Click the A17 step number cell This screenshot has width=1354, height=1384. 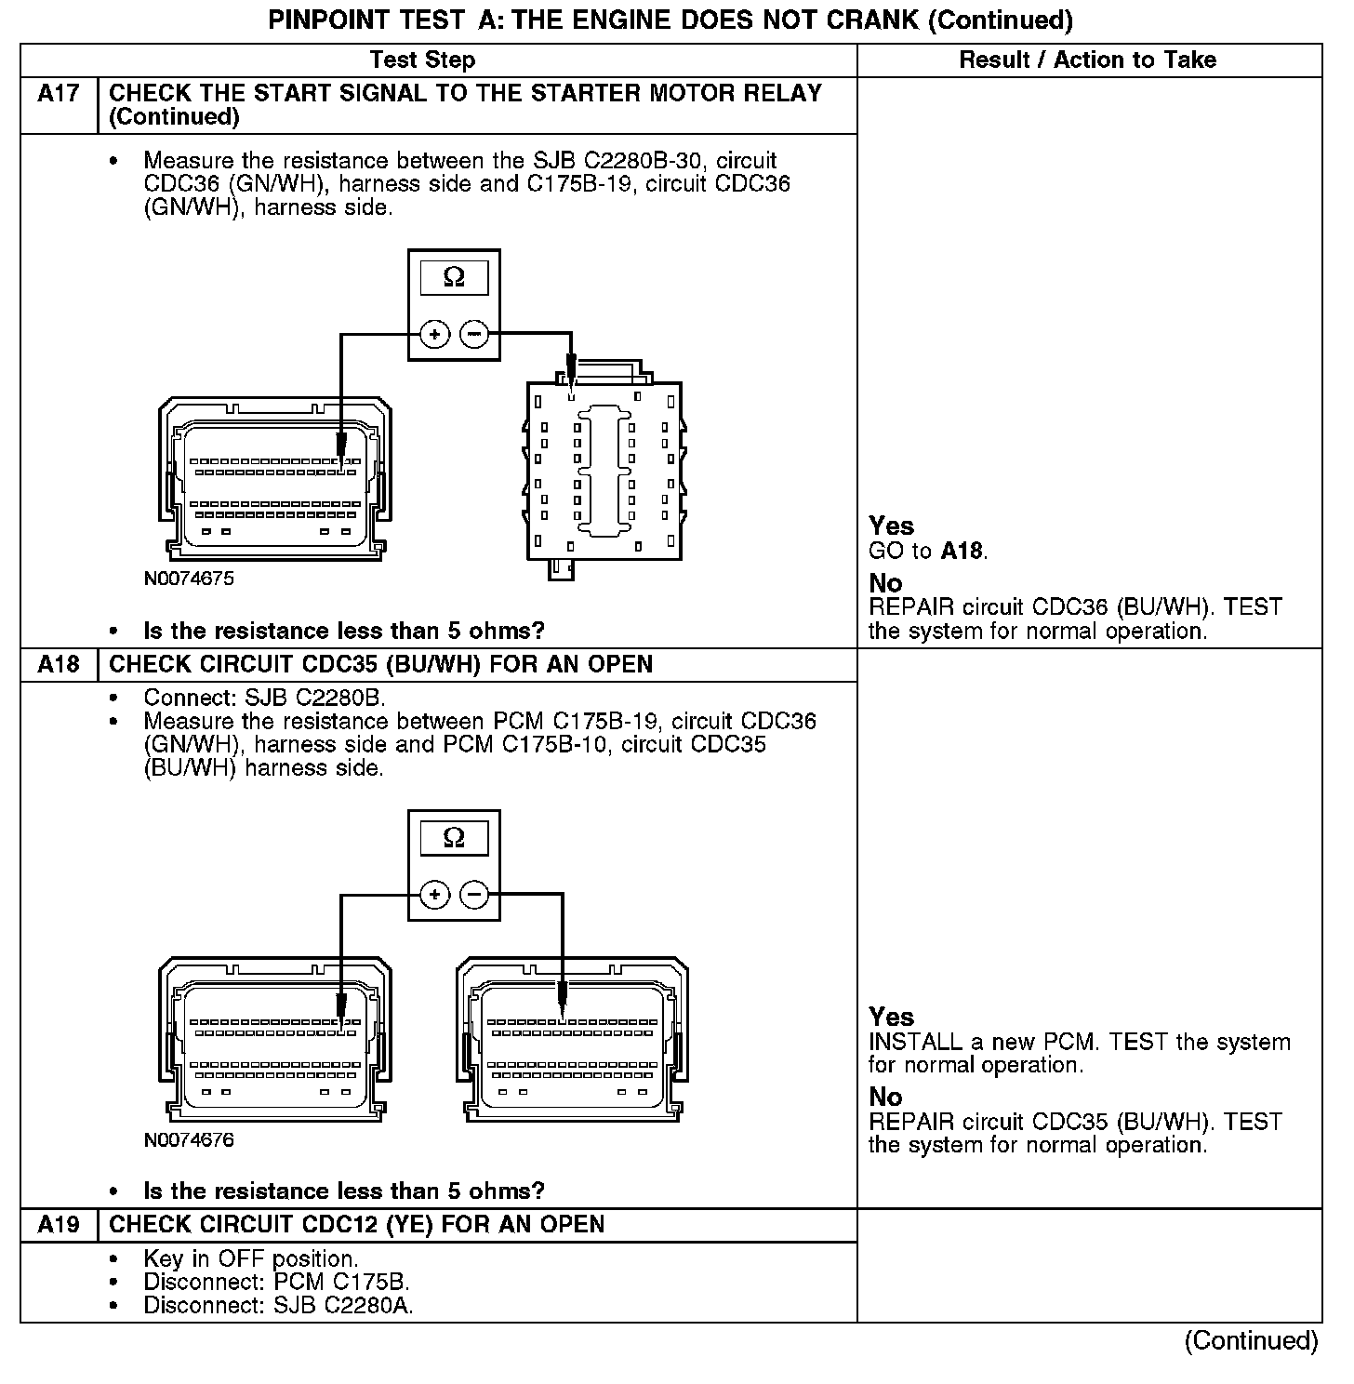58,94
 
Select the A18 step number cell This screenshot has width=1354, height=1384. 58,665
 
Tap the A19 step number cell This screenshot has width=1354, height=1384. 58,1225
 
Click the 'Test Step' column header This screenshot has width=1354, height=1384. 422,60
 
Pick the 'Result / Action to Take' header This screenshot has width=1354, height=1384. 1087,60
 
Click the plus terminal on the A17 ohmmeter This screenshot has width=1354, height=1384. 434,333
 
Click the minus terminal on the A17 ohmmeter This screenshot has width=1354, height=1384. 474,333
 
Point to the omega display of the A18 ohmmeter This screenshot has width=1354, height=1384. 454,838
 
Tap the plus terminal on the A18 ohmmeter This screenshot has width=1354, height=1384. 434,895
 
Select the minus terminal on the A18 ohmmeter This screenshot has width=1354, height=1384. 474,895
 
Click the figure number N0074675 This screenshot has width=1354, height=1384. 189,579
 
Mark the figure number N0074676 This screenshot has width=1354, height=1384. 189,1140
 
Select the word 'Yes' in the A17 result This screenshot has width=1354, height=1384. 891,526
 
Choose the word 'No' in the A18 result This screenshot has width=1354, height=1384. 885,1098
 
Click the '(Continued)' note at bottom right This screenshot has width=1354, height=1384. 1251,1340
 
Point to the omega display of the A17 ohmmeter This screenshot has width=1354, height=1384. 454,277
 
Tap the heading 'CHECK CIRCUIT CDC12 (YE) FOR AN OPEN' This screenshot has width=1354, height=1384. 356,1225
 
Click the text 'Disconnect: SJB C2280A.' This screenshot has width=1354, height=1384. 278,1306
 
